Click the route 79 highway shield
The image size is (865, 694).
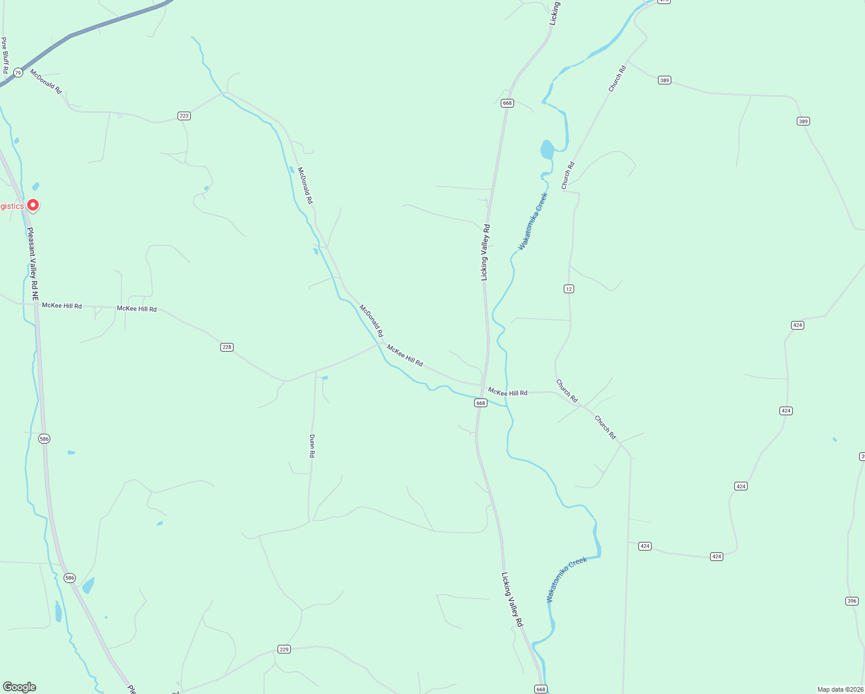point(18,72)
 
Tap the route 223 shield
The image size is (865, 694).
point(184,116)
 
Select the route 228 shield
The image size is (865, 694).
point(227,347)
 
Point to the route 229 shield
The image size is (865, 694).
point(284,649)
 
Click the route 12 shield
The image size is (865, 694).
point(569,289)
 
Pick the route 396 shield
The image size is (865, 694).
point(852,601)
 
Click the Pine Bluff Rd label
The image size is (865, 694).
point(5,56)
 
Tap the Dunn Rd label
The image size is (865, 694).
point(312,446)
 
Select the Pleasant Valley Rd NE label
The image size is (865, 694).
point(33,263)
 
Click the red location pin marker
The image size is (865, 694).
point(34,205)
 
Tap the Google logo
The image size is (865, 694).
point(20,687)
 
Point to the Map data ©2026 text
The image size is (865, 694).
point(840,689)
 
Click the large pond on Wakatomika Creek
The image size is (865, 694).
point(547,149)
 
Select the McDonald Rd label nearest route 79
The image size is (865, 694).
point(46,82)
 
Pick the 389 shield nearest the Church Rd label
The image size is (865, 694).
point(665,80)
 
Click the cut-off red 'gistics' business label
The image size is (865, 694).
point(12,206)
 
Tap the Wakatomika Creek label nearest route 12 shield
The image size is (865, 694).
point(533,222)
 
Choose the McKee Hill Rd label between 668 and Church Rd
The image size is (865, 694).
point(508,392)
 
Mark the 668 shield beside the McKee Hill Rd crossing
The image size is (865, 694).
point(480,403)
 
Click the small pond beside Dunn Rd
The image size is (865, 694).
point(325,378)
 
